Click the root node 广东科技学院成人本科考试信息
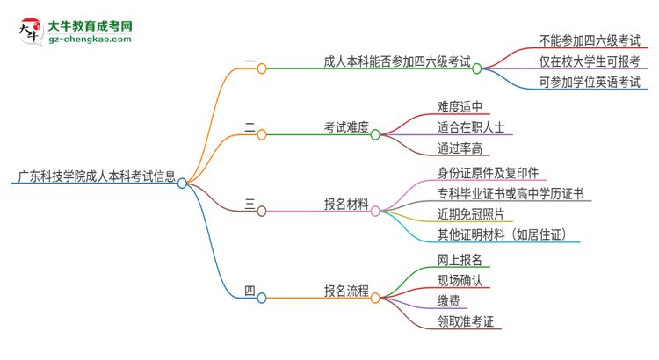[x=94, y=175]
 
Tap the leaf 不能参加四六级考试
[x=589, y=40]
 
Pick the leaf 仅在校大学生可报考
[x=589, y=61]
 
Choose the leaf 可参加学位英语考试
[x=589, y=83]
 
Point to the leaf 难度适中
[x=460, y=107]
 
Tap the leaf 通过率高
[x=460, y=149]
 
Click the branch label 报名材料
[x=346, y=205]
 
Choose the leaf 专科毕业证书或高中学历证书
[x=511, y=194]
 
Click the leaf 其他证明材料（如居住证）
[x=509, y=235]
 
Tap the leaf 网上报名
[x=460, y=260]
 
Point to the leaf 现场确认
[x=460, y=281]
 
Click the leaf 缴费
[x=448, y=301]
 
